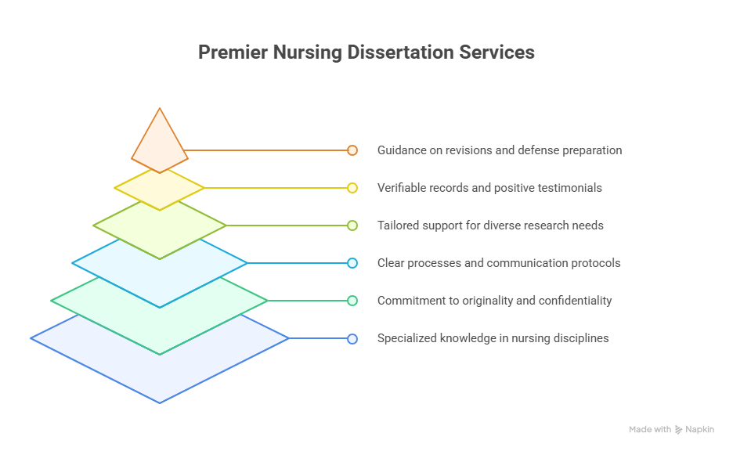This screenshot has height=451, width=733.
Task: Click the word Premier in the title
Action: [233, 52]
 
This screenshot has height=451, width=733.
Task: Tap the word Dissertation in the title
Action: [400, 52]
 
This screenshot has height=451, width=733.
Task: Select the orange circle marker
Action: [352, 150]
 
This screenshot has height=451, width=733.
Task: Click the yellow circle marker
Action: [352, 188]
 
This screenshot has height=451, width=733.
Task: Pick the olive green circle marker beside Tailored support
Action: [352, 225]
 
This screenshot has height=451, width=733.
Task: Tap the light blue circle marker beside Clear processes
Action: [352, 263]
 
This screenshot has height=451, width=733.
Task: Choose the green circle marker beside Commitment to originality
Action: [352, 301]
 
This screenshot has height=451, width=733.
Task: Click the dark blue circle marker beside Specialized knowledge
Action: [352, 339]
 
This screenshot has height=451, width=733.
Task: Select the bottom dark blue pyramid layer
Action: [160, 374]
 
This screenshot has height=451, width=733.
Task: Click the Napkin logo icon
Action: [678, 430]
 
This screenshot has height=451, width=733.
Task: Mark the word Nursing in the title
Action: [308, 52]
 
